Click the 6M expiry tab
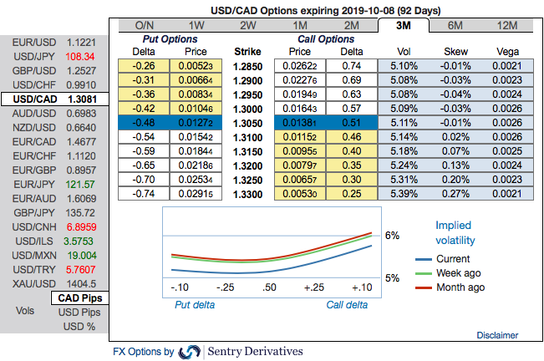pos(456,25)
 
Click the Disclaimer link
pos(497,335)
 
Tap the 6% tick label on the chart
pos(391,235)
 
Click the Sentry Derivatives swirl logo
pos(189,352)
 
